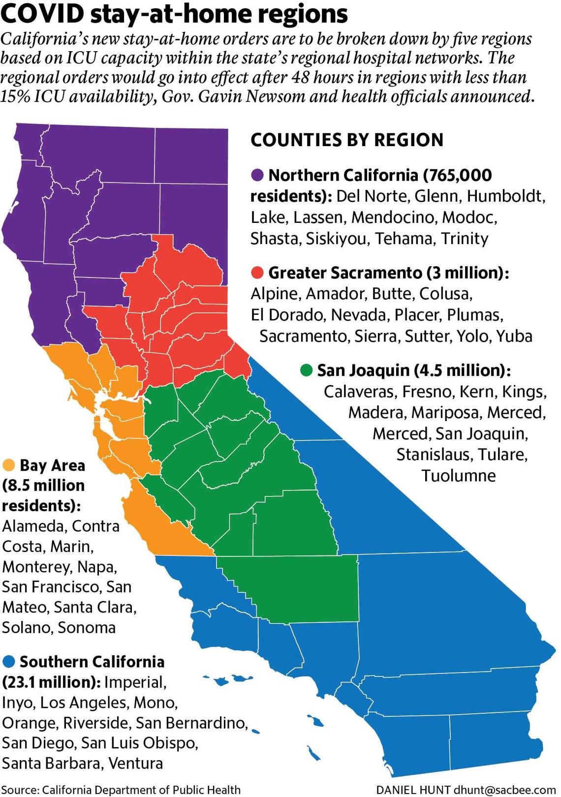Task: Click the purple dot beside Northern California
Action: click(x=257, y=175)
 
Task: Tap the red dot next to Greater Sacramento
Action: click(x=257, y=273)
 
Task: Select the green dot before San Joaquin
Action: click(x=307, y=370)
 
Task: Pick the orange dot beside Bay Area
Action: click(x=9, y=465)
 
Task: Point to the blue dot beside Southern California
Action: click(x=9, y=662)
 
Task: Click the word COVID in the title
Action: click(x=43, y=15)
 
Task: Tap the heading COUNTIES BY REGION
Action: click(x=347, y=140)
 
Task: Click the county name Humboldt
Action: click(x=505, y=196)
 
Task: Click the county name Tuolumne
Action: click(x=458, y=476)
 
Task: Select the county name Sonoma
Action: click(x=87, y=628)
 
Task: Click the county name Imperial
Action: click(x=135, y=682)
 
